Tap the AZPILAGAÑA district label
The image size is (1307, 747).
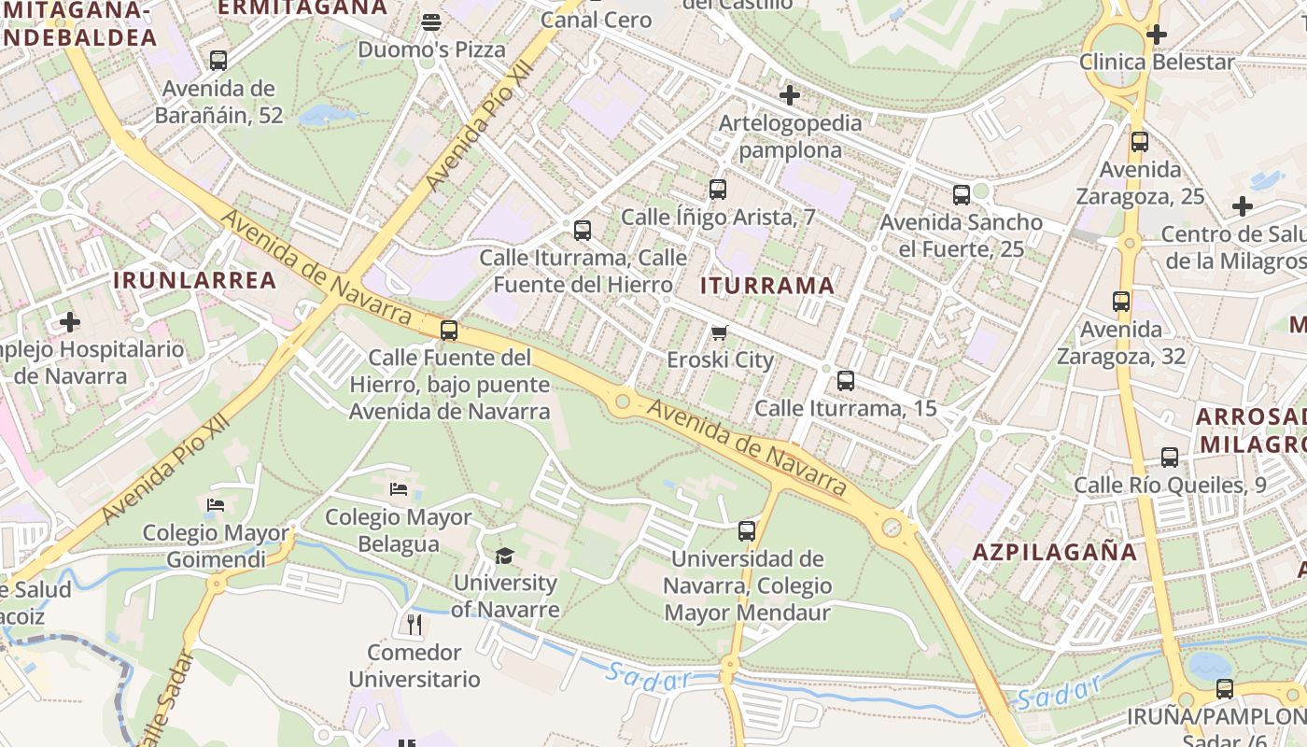pyautogui.click(x=1055, y=552)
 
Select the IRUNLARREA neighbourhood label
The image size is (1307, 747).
pyautogui.click(x=195, y=280)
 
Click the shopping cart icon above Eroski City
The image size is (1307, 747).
pyautogui.click(x=719, y=333)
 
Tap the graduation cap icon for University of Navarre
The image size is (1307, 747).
pyautogui.click(x=504, y=557)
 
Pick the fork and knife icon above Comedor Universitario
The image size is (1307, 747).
pyautogui.click(x=415, y=624)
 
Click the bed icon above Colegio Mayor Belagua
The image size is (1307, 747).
pyautogui.click(x=399, y=489)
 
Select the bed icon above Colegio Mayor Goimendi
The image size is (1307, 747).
pyautogui.click(x=216, y=505)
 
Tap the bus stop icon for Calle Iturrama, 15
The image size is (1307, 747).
pyautogui.click(x=846, y=381)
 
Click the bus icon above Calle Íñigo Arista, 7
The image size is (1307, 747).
pyautogui.click(x=718, y=190)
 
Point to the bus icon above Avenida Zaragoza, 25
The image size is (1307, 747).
pyautogui.click(x=1140, y=143)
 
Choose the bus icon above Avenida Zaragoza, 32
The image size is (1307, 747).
pyautogui.click(x=1121, y=302)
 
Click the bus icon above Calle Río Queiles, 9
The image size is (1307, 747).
pyautogui.click(x=1170, y=458)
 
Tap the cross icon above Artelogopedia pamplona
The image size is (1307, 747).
pyautogui.click(x=790, y=94)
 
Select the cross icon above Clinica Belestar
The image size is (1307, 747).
pyautogui.click(x=1157, y=35)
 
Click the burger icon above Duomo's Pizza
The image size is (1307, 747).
pyautogui.click(x=431, y=21)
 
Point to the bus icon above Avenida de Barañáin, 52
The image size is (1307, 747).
pyautogui.click(x=218, y=61)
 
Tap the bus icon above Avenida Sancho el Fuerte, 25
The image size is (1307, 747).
pyautogui.click(x=962, y=195)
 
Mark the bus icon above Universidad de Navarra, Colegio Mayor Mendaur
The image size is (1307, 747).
pyautogui.click(x=747, y=531)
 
